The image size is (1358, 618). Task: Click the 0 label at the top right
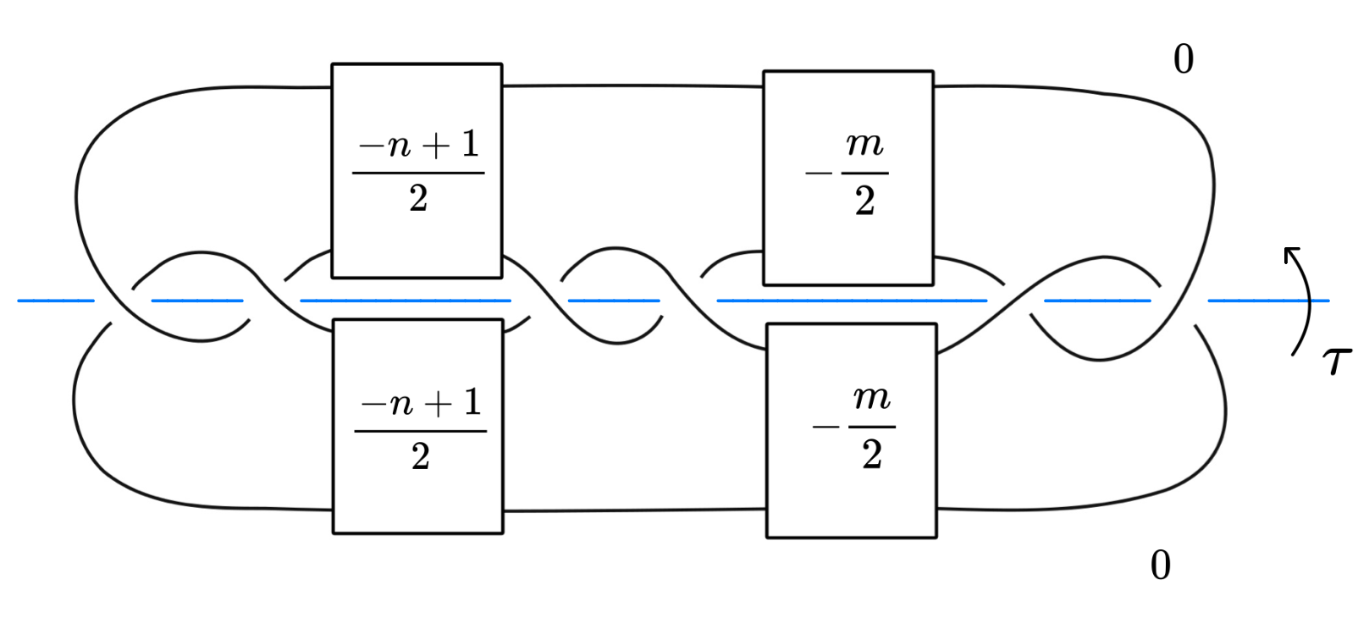1184,59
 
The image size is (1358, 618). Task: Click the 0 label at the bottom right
1161,565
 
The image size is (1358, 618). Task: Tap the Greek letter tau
1336,361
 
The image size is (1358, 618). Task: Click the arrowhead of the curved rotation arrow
1290,253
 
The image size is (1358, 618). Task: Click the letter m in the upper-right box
864,145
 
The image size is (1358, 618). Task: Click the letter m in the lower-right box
871,397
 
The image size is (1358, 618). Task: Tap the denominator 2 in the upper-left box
418,199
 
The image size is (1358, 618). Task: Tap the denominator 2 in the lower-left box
421,457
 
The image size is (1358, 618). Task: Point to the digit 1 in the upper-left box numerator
471,145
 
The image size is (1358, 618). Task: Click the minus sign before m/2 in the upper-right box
819,174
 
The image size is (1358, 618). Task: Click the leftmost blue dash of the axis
56,301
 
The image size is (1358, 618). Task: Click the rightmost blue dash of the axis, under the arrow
1267,301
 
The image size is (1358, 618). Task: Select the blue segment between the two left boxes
406,301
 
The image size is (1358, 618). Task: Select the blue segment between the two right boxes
852,301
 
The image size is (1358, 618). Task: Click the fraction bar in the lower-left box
421,431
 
